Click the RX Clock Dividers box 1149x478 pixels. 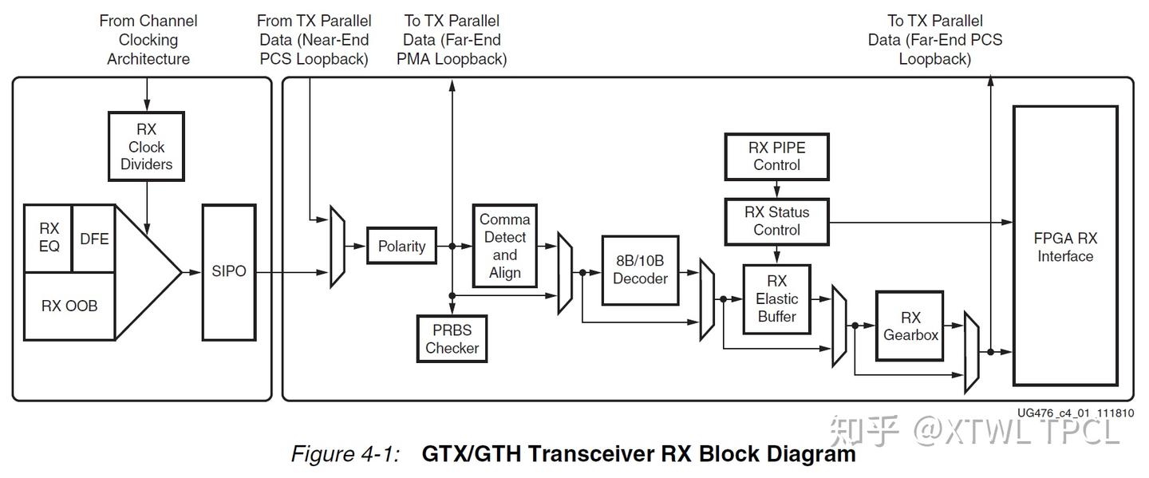point(146,147)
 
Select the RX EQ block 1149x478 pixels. point(49,238)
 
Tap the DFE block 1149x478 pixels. point(94,238)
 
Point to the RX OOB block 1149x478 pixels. point(69,306)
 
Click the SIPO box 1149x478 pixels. point(229,271)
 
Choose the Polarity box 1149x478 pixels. point(401,247)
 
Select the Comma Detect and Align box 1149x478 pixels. point(504,247)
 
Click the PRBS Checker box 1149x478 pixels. point(452,338)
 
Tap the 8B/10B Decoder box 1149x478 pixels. point(640,270)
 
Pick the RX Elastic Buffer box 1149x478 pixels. point(776,299)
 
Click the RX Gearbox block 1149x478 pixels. point(910,326)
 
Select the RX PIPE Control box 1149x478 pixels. point(776,156)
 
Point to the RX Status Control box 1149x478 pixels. point(776,221)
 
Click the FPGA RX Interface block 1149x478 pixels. point(1064,247)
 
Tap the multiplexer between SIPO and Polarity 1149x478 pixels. point(338,247)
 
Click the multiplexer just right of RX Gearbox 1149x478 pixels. point(971,352)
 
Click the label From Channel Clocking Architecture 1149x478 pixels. point(148,40)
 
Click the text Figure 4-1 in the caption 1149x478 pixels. point(344,455)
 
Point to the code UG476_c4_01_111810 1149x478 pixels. point(1075,413)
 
